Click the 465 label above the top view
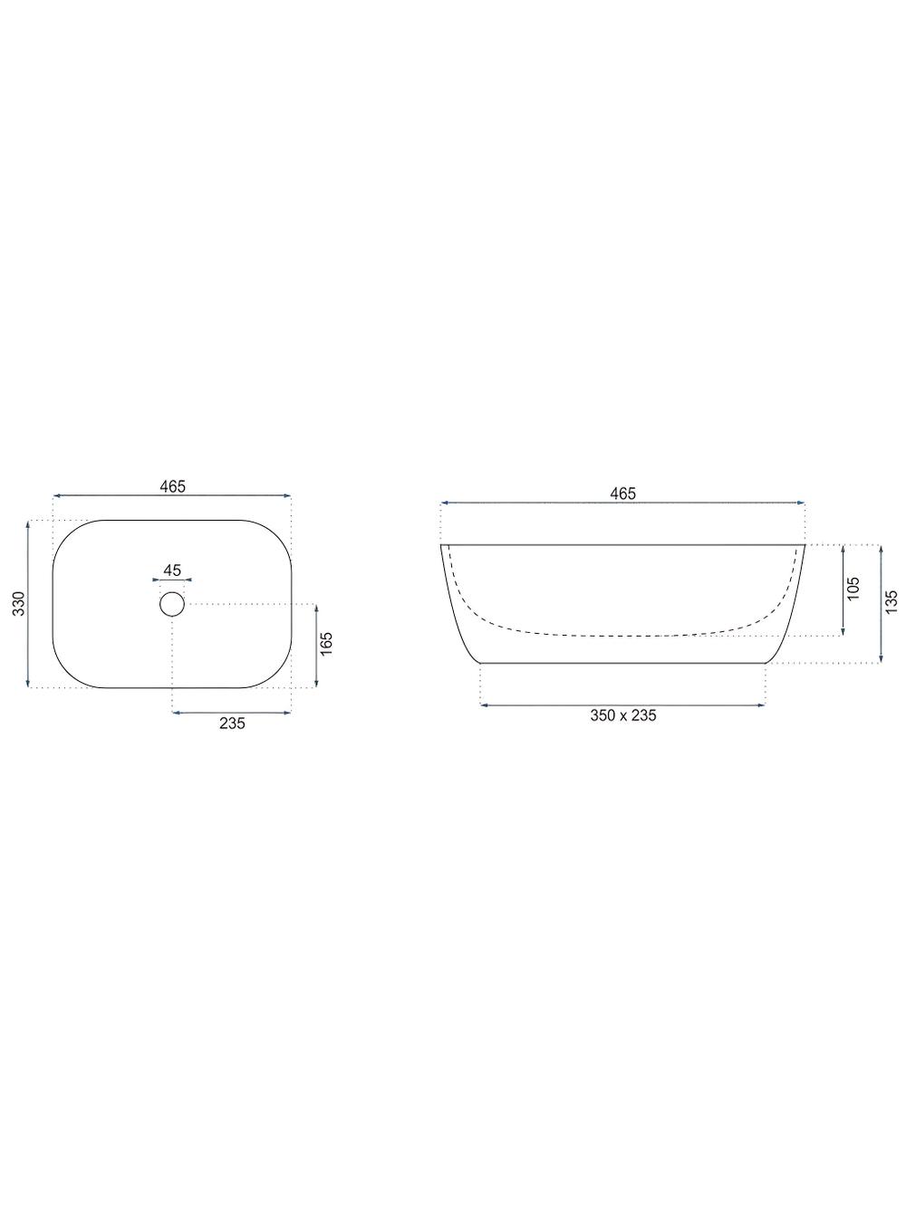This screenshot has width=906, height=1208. [172, 486]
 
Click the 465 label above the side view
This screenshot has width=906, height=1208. [622, 494]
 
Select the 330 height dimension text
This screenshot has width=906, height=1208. [17, 604]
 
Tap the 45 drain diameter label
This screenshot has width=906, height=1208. [172, 570]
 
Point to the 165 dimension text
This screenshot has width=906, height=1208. [327, 644]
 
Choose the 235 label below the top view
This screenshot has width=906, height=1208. [231, 722]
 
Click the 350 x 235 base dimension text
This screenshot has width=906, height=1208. [622, 715]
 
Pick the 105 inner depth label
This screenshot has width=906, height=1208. [853, 590]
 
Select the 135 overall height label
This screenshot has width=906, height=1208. [892, 603]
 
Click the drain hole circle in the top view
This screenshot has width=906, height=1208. [172, 604]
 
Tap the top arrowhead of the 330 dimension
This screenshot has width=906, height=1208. [29, 524]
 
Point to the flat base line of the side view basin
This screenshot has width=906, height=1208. [622, 664]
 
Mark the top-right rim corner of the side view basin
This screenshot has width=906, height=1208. [805, 545]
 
